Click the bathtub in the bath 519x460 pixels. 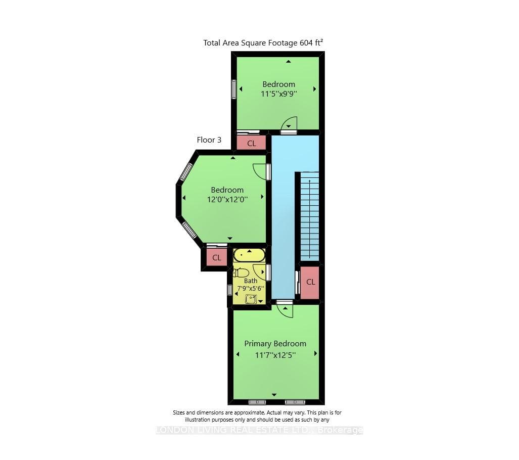coord(249,255)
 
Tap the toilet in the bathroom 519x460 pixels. coord(241,272)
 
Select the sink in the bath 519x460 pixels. coord(251,299)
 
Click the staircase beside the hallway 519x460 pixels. coord(309,216)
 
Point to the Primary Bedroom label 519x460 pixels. coord(275,344)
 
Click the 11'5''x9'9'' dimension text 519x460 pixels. coord(278,94)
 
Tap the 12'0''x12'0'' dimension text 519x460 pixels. coord(227,199)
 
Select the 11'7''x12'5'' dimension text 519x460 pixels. coord(275,355)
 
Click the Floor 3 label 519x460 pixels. coord(209,140)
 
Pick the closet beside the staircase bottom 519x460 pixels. coord(310,282)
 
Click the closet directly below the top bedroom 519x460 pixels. coord(252,143)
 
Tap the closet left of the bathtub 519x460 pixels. coord(216,257)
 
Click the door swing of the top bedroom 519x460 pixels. coord(289,124)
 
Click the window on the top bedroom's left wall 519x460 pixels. coord(234,89)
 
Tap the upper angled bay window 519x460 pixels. coord(185,171)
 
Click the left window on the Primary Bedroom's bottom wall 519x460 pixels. coord(257,402)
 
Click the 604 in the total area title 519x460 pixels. coord(306,43)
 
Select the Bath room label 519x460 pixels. coord(251,281)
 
